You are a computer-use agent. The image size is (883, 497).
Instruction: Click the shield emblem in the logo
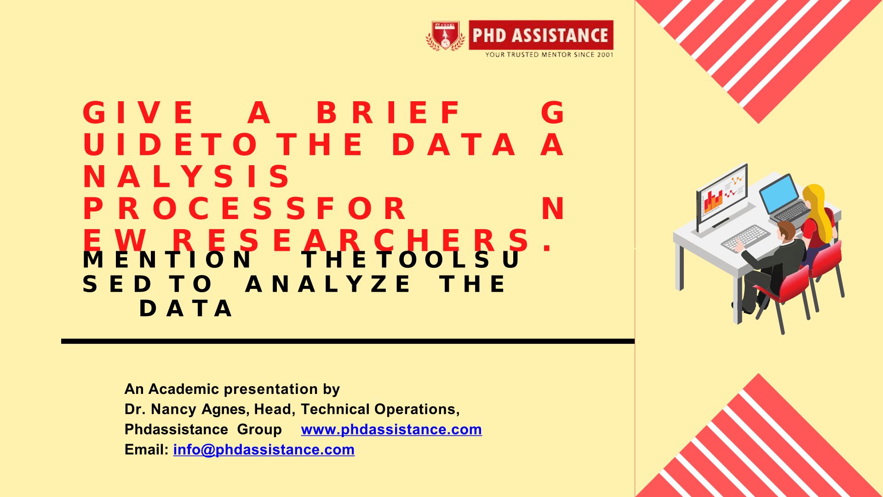pos(445,35)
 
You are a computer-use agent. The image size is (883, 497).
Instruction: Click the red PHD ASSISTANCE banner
pos(541,35)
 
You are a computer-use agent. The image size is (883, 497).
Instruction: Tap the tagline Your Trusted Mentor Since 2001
pos(549,54)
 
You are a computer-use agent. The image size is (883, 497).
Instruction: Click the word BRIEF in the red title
pos(389,113)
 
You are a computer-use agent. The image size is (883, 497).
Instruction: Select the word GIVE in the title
pos(138,113)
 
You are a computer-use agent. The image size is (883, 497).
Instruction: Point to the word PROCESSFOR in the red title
pos(244,208)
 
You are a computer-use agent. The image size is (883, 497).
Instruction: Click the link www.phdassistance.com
pos(391,429)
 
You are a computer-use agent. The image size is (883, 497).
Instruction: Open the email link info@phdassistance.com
pos(264,450)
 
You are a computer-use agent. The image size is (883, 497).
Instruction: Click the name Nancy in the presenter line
pos(174,409)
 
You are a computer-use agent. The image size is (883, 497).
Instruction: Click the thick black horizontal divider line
pos(348,341)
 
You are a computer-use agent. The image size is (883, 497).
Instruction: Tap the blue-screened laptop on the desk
pos(785,198)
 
